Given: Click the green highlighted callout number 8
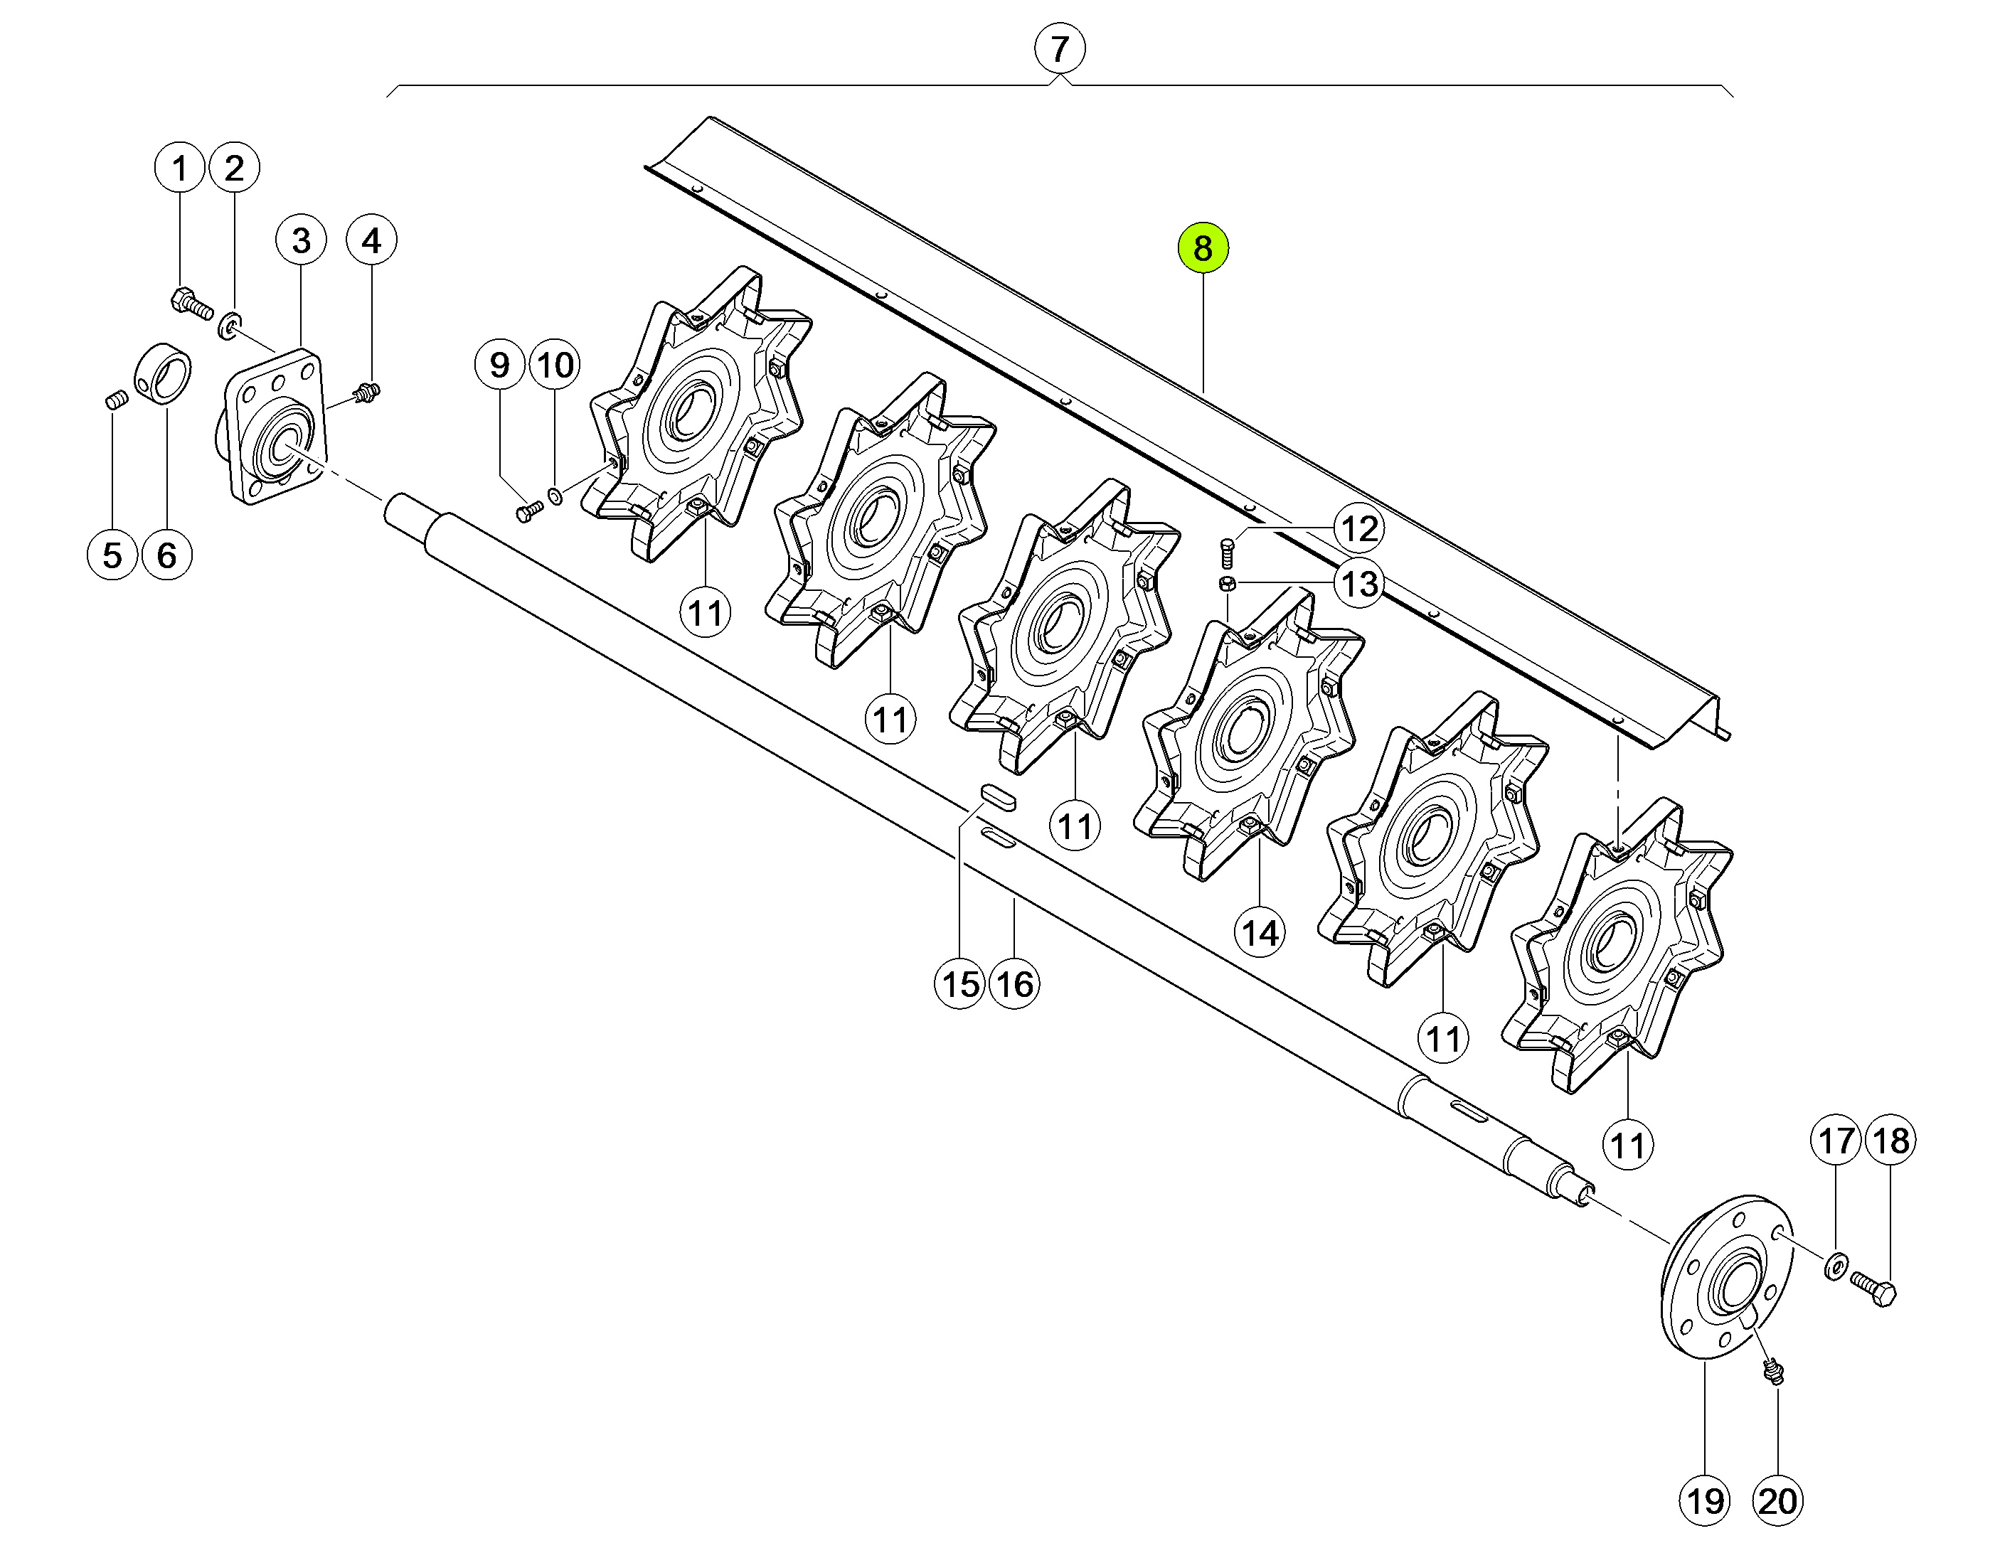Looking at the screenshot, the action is tap(1203, 248).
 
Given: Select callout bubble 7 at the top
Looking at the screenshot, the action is tap(1060, 48).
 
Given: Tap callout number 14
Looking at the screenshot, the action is tap(1260, 932).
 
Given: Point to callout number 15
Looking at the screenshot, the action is tap(959, 984).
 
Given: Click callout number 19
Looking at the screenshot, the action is tap(1705, 1502).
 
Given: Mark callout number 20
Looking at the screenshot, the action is tap(1777, 1502).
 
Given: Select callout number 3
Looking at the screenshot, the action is tap(302, 241).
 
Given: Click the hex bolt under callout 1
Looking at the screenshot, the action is tap(191, 303).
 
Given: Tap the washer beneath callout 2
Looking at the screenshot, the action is tap(229, 325).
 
